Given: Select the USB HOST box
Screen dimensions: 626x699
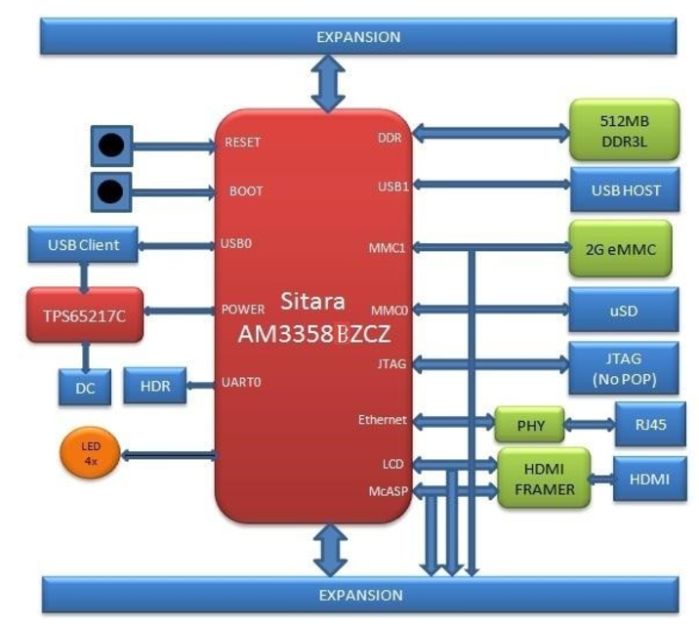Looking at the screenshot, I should (x=625, y=189).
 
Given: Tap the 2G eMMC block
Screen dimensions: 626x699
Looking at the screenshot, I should (x=623, y=249).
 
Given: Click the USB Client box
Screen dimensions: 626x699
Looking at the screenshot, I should (x=84, y=245).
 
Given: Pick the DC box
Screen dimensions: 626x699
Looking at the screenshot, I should (x=84, y=388).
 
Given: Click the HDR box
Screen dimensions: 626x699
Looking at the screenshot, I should (x=155, y=387).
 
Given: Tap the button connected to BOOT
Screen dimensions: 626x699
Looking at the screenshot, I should (x=112, y=191).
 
